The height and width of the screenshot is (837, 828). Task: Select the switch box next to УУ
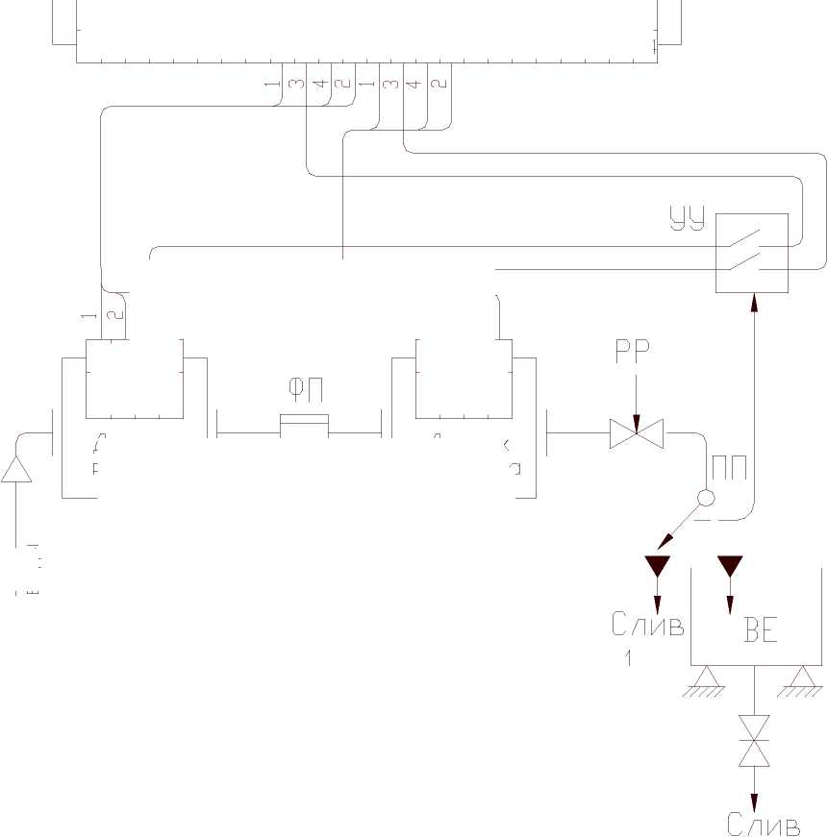click(x=752, y=254)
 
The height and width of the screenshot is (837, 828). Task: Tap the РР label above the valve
click(x=633, y=353)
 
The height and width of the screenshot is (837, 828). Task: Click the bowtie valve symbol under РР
click(x=636, y=434)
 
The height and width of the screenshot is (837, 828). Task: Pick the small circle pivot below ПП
click(x=705, y=499)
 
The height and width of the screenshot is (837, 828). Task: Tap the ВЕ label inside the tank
click(x=760, y=633)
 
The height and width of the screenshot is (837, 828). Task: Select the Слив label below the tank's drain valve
click(x=764, y=825)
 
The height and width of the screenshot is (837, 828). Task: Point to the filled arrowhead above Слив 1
click(x=658, y=565)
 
